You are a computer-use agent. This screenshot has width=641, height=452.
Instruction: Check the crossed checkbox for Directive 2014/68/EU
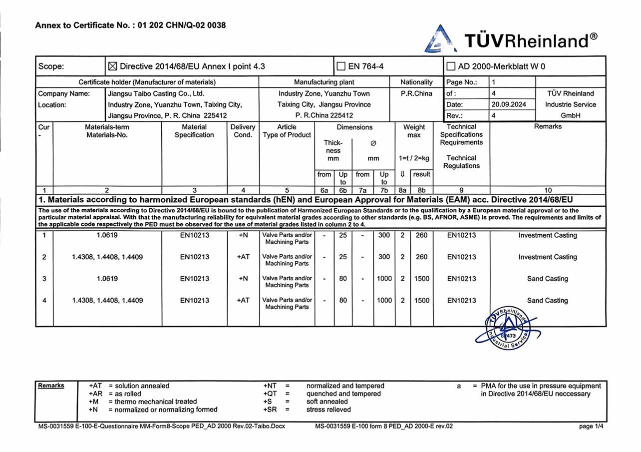click(x=112, y=66)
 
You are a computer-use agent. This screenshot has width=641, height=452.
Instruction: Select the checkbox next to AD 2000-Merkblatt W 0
click(x=451, y=66)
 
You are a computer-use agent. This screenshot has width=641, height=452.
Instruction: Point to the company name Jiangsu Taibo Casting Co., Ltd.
click(x=156, y=93)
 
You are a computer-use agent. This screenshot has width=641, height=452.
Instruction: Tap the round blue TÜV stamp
click(x=507, y=328)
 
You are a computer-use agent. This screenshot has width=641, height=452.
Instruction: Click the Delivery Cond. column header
click(x=243, y=131)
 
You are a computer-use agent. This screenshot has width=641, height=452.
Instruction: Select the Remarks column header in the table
click(x=548, y=127)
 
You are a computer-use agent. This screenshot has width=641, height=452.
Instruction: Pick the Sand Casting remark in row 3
click(x=547, y=279)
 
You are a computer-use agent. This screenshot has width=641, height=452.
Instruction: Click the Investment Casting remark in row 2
click(x=547, y=257)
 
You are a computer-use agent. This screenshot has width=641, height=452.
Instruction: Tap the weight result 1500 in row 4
click(x=421, y=300)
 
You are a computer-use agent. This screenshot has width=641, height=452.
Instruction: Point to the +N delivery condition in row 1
click(x=243, y=235)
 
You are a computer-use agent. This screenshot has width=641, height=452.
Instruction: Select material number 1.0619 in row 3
click(x=107, y=279)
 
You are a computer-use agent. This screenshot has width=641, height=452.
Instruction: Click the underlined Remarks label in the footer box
click(x=51, y=386)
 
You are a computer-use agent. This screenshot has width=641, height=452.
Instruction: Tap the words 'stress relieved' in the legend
click(x=328, y=410)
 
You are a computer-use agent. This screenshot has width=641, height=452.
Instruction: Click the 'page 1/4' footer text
click(x=593, y=426)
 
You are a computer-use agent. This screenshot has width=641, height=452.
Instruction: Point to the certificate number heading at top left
click(x=130, y=25)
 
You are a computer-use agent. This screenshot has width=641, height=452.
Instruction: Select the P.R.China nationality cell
click(x=416, y=93)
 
